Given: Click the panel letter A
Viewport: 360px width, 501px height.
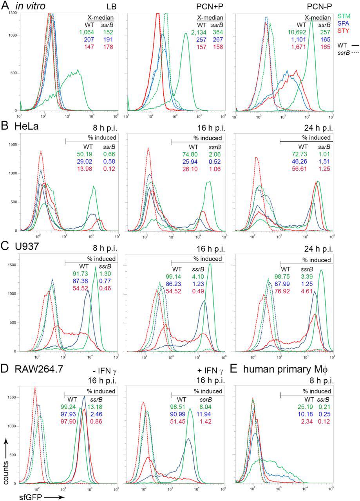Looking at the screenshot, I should coord(5,5).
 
